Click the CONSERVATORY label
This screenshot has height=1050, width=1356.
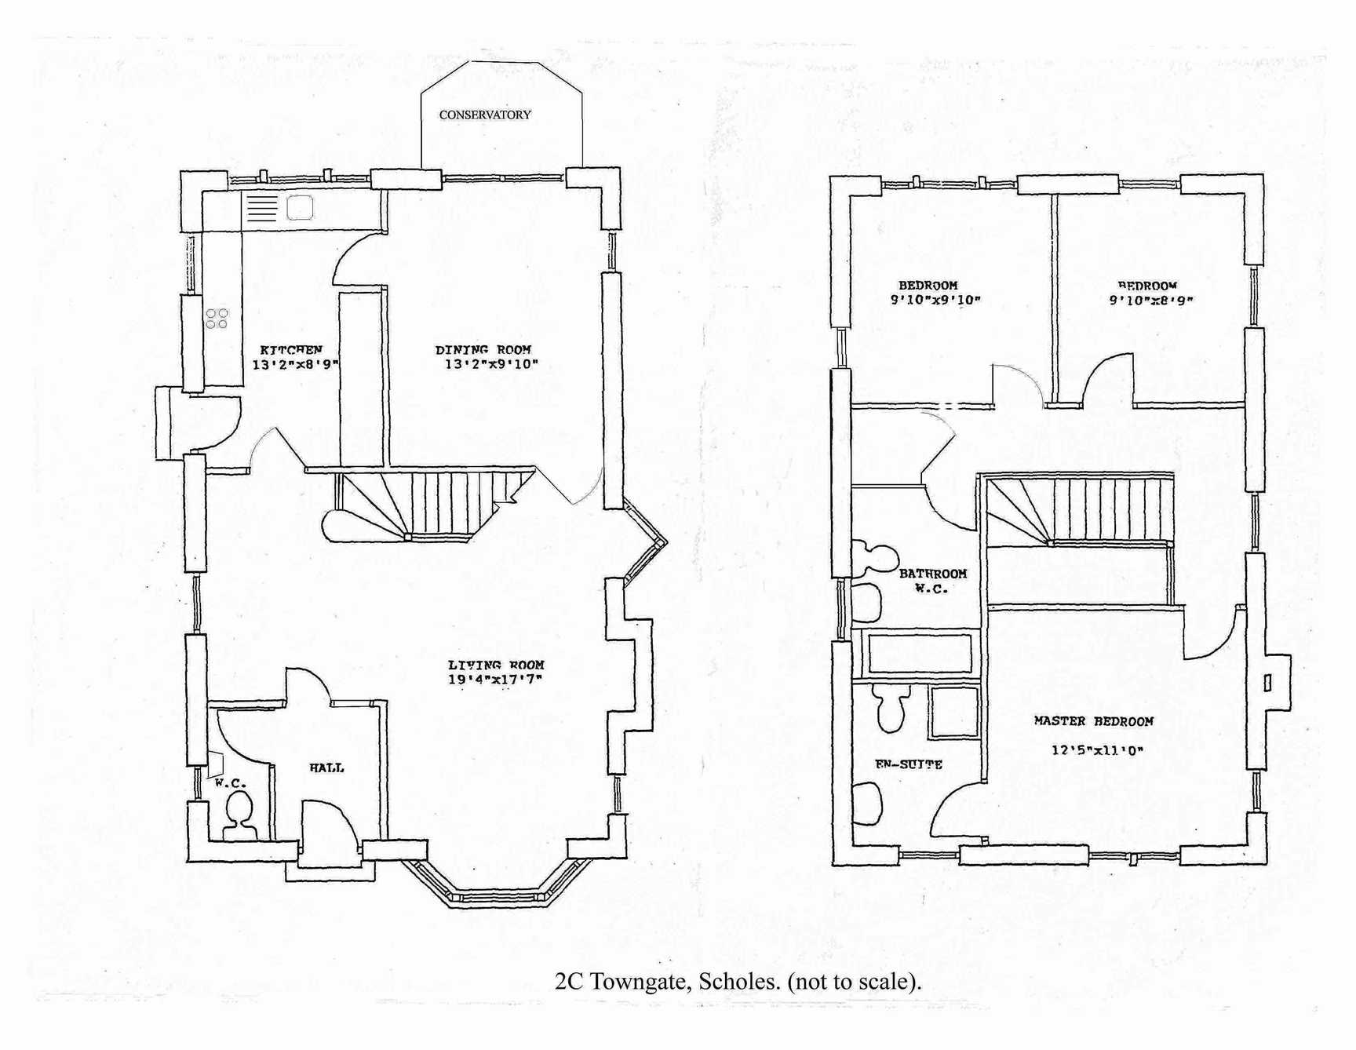485,115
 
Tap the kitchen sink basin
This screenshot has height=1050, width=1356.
300,208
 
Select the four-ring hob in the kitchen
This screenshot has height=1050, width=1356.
217,318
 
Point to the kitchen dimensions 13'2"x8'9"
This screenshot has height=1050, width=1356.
295,365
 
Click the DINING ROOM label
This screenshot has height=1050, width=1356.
483,350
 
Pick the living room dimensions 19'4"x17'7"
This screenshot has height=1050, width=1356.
496,680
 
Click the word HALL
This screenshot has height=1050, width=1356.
326,768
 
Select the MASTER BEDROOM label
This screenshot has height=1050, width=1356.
1093,721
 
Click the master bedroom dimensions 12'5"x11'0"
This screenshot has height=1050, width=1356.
1097,750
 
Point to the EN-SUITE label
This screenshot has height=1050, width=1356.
909,764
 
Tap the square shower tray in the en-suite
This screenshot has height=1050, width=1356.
953,713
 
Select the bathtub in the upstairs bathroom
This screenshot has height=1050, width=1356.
919,654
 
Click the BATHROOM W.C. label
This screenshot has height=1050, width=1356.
932,581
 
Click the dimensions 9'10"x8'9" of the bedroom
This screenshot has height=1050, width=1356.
1150,301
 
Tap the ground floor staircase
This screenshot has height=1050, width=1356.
439,502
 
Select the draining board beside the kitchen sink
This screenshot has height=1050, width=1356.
263,208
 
